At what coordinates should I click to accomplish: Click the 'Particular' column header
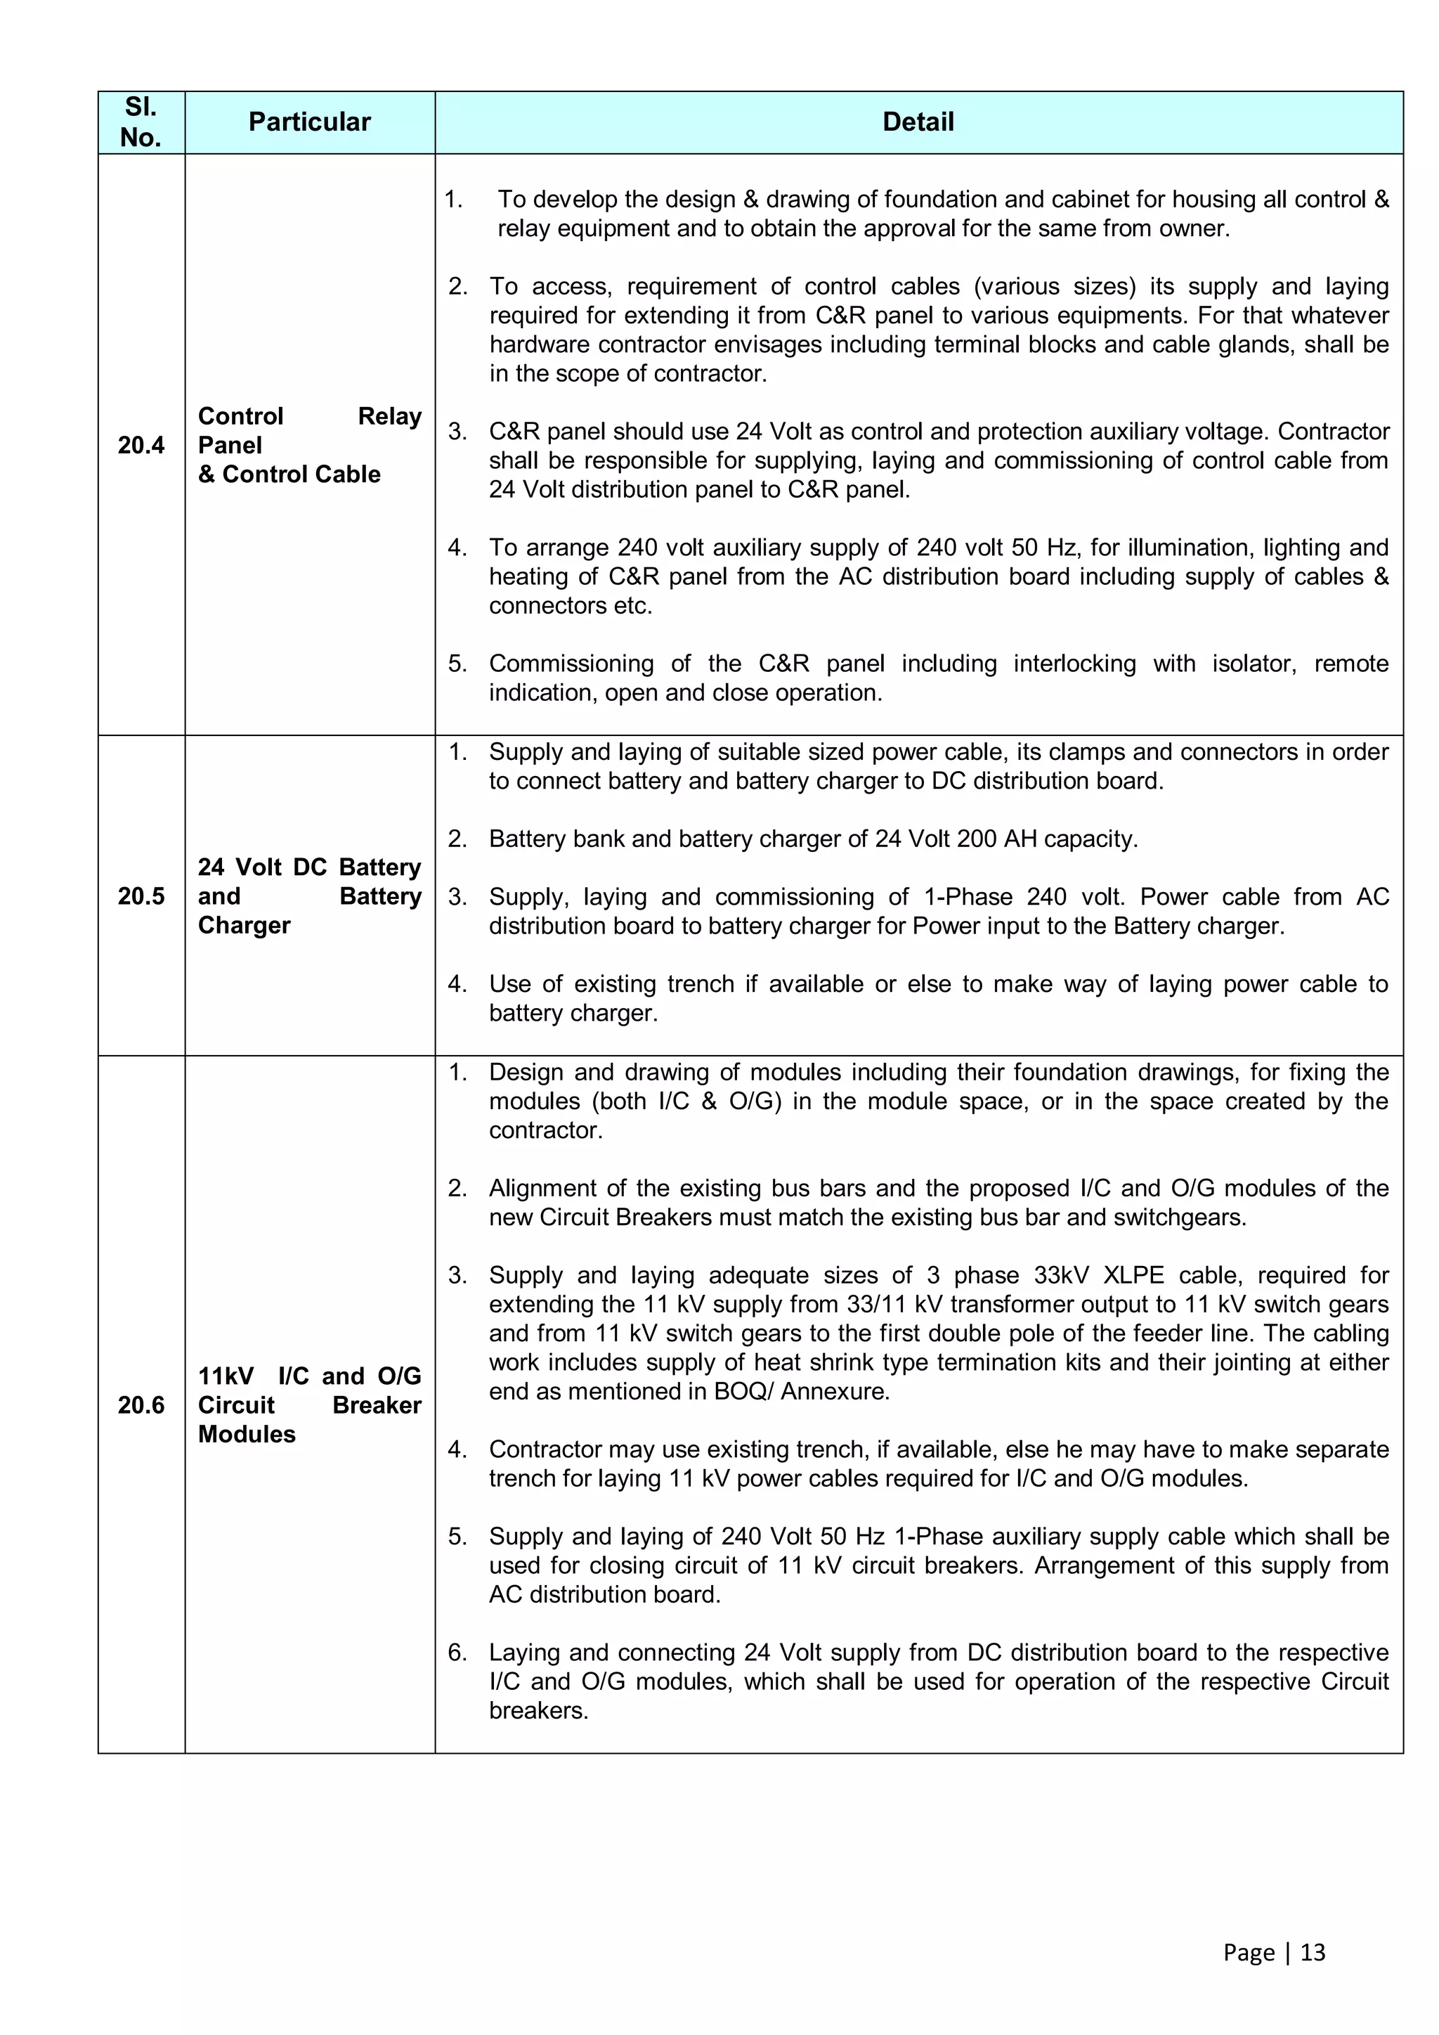point(309,122)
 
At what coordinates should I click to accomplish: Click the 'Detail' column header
point(918,122)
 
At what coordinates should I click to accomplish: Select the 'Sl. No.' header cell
point(141,122)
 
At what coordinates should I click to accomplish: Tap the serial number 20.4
point(141,445)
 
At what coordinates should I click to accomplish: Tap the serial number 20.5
point(141,896)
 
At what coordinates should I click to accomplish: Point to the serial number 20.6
point(141,1405)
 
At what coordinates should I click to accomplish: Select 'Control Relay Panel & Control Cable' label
point(309,445)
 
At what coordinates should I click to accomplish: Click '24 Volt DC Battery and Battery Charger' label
point(309,896)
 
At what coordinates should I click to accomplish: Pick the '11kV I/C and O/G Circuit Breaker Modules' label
point(309,1405)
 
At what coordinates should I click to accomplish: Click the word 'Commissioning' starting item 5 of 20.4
point(571,664)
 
